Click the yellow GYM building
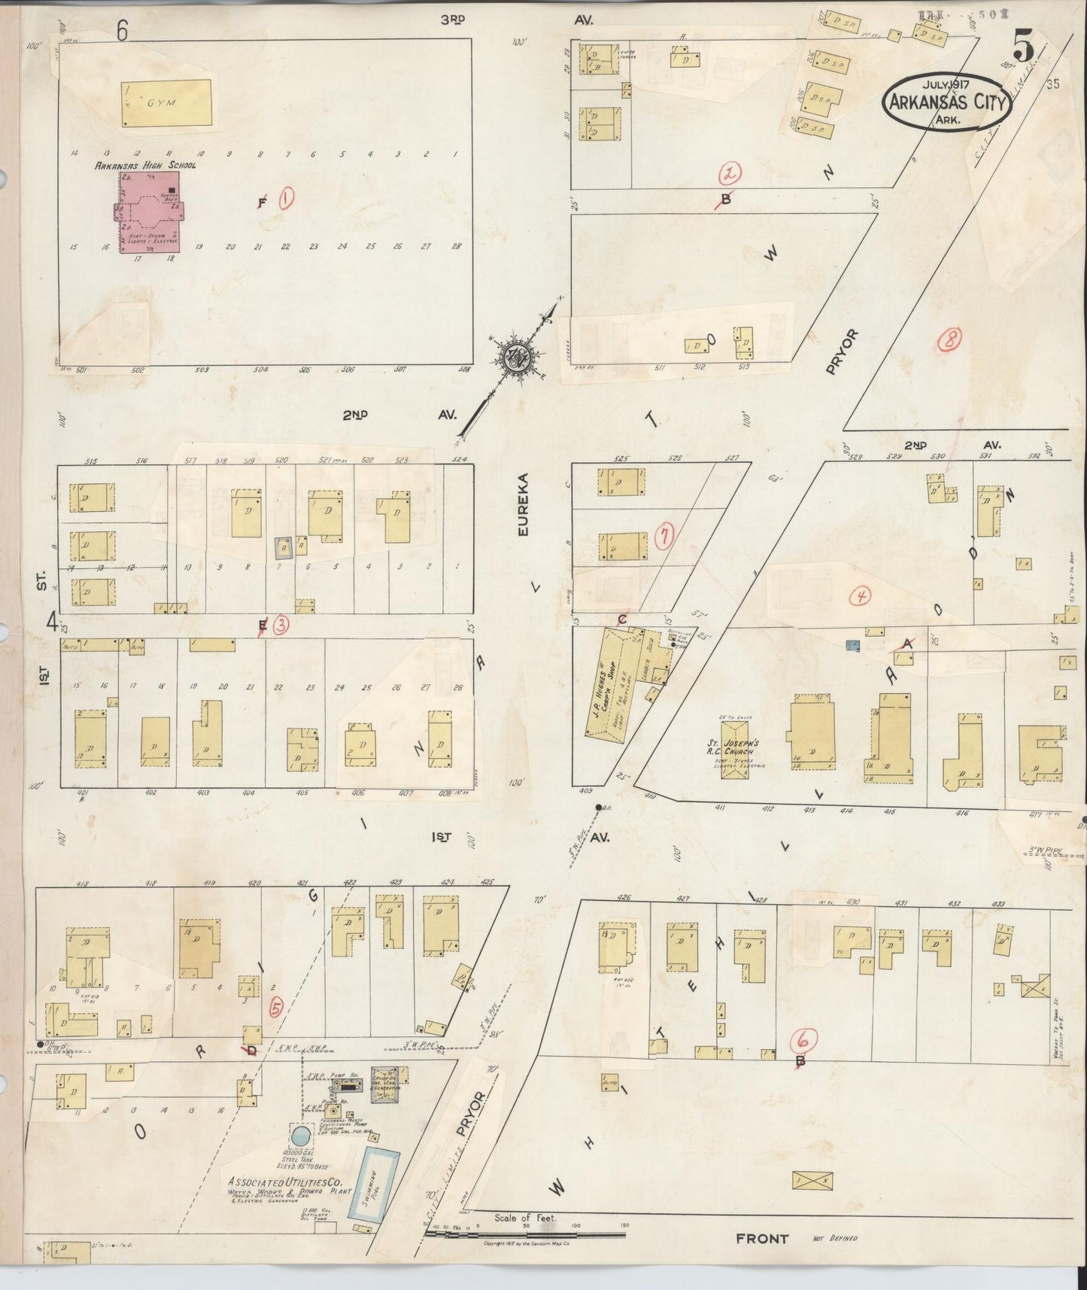[166, 102]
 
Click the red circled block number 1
[286, 199]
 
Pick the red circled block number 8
[949, 341]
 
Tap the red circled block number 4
[860, 597]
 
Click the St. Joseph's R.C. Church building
[735, 750]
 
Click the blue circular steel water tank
[300, 1135]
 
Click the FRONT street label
[762, 1239]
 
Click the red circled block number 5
[275, 1008]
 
